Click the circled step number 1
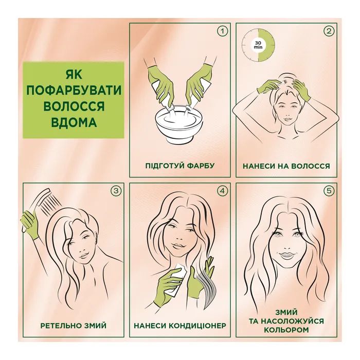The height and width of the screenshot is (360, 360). pyautogui.click(x=222, y=31)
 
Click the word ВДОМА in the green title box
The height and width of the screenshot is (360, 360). pyautogui.click(x=74, y=123)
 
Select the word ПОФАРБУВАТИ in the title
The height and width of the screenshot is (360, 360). pyautogui.click(x=74, y=91)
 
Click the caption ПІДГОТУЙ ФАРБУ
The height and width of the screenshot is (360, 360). pyautogui.click(x=179, y=166)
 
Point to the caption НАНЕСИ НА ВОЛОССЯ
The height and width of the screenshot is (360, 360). pyautogui.click(x=286, y=166)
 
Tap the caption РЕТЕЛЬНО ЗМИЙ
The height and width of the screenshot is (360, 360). pyautogui.click(x=74, y=326)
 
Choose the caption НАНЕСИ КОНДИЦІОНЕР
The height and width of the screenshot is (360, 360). pyautogui.click(x=179, y=326)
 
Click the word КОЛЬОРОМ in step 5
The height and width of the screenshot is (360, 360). pyautogui.click(x=286, y=330)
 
